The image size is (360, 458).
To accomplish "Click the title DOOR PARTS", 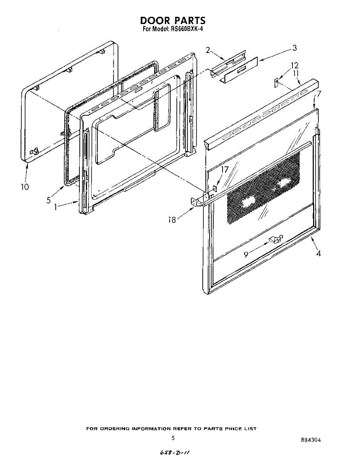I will pyautogui.click(x=173, y=20).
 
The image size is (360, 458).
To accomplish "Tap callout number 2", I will pyautogui.click(x=208, y=50).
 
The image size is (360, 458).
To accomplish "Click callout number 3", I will pyautogui.click(x=294, y=48).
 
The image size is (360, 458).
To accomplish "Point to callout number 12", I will pyautogui.click(x=294, y=66).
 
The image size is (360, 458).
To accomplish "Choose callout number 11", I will pyautogui.click(x=296, y=73).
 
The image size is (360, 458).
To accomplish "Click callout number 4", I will pyautogui.click(x=318, y=253).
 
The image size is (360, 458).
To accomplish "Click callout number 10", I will pyautogui.click(x=25, y=187).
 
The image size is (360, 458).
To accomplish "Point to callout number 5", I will pyautogui.click(x=49, y=200).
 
